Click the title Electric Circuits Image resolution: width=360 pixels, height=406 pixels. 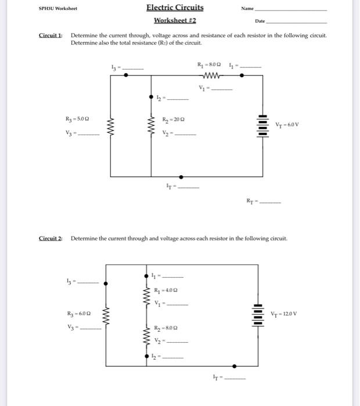click(175, 8)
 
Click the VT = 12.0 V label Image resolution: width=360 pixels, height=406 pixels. click(284, 314)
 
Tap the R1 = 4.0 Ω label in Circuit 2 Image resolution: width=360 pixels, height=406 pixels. click(165, 290)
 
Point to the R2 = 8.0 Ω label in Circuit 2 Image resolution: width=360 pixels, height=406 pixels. click(166, 327)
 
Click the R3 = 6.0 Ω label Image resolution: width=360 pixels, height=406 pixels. click(78, 314)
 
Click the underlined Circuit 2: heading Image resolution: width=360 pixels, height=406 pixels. click(51, 238)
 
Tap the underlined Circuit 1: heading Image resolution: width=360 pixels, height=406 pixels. click(51, 35)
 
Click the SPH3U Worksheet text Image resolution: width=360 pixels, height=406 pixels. click(57, 9)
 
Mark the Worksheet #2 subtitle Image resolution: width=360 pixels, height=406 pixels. click(175, 21)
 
